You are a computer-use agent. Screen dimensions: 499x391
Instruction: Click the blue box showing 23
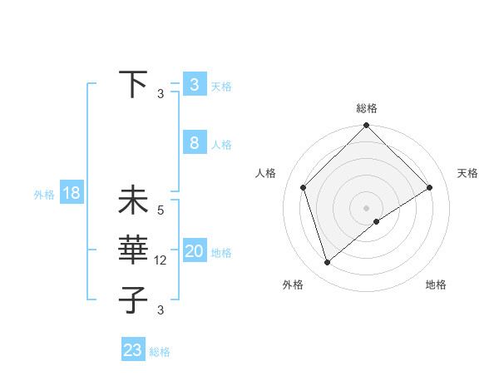point(132,349)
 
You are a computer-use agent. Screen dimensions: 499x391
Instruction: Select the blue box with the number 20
point(194,251)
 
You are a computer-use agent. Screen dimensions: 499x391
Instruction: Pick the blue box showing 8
point(194,142)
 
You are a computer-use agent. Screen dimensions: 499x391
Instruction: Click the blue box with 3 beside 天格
point(194,84)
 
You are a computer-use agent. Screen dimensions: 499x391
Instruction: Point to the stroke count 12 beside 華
point(161,260)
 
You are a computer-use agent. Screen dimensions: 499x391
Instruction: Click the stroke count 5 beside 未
point(161,210)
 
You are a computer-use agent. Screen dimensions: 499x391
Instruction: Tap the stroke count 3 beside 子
point(161,310)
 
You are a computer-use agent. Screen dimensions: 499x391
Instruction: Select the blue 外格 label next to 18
point(44,195)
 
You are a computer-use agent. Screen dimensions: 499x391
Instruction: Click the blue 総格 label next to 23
point(160,352)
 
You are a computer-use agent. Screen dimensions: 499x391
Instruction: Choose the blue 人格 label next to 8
point(221,145)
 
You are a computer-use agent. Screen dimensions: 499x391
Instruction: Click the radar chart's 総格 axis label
point(367,108)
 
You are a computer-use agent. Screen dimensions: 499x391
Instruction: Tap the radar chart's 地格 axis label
point(436,285)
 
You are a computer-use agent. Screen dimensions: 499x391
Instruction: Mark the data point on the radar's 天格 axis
point(430,187)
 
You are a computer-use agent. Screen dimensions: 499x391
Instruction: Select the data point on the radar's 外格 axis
point(328,263)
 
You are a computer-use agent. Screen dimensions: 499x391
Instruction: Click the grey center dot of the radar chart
point(366,207)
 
